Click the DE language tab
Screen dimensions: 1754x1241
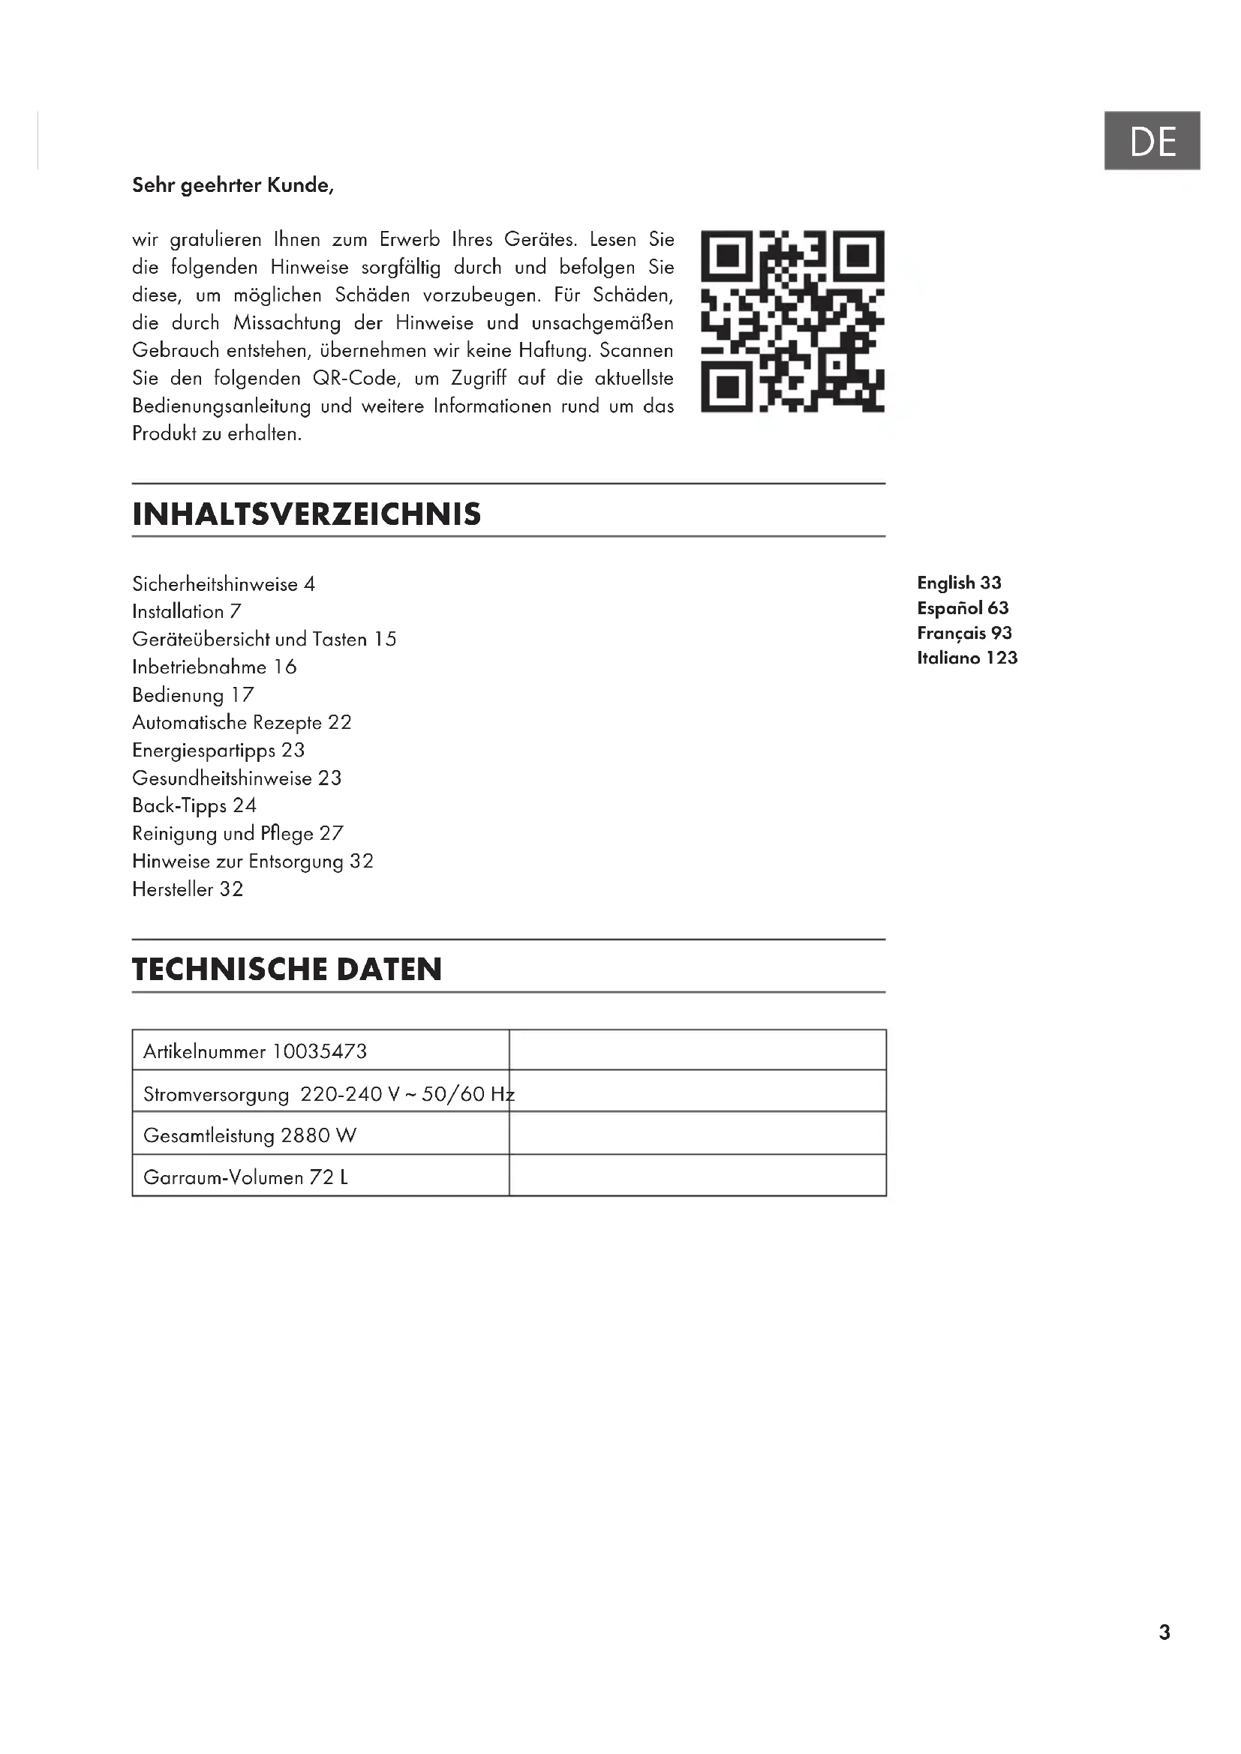point(1152,140)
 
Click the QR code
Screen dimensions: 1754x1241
point(792,321)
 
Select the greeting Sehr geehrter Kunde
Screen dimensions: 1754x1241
point(233,186)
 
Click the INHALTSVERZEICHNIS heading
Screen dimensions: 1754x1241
point(306,514)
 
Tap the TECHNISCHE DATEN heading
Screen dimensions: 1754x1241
point(287,970)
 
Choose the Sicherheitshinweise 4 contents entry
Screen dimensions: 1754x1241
point(223,584)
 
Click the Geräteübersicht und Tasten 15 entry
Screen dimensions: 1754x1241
point(264,640)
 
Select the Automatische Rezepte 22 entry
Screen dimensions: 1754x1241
point(242,723)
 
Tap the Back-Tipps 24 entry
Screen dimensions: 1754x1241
point(194,806)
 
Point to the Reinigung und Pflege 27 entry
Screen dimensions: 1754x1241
point(238,833)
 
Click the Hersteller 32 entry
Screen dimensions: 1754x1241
point(188,889)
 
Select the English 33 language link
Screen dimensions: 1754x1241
point(959,583)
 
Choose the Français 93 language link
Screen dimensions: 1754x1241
point(964,634)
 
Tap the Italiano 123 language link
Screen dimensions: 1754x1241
point(967,658)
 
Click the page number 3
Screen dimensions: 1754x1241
point(1164,1633)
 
